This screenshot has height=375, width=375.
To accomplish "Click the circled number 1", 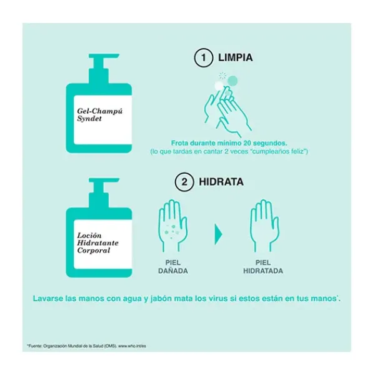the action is coord(203,57).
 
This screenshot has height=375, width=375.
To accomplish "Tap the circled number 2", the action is coord(184,182).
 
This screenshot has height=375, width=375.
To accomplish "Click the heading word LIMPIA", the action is coord(236,57).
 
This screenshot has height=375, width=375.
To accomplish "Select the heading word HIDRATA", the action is coord(221,182).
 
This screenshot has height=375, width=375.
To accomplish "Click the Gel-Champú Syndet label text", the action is coord(99,115).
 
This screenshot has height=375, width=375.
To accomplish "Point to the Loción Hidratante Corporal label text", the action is coord(98,242).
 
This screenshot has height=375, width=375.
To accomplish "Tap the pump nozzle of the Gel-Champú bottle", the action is coord(104,56).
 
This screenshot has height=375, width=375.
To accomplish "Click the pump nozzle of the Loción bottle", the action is coord(104,181).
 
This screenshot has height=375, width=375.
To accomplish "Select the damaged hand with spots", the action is coord(173,226).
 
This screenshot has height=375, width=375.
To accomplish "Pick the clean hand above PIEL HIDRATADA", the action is coord(264,226).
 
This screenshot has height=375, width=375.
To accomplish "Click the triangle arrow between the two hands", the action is coord(218,234).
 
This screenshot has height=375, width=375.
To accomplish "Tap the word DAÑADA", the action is coord(173,271).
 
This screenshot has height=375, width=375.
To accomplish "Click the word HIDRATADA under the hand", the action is coord(263,271).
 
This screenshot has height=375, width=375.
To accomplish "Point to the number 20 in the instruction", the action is coord(247,143).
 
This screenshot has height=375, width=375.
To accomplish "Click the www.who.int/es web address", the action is coord(132,346).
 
